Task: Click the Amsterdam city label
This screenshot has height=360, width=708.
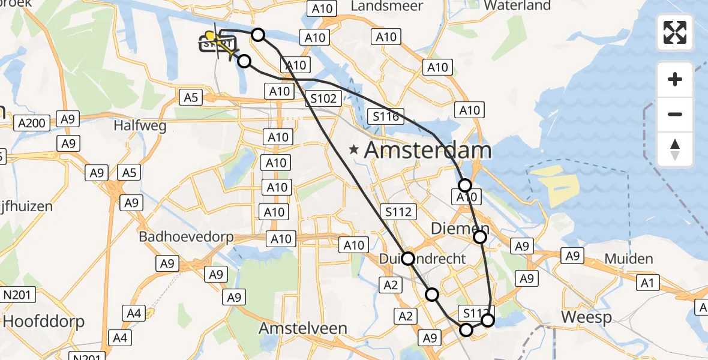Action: pos(428,150)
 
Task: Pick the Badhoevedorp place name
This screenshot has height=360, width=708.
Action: pos(186,236)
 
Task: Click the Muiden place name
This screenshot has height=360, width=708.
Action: pos(629,259)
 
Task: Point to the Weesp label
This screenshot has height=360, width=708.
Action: pos(586,317)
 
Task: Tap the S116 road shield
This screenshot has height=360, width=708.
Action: pos(385,117)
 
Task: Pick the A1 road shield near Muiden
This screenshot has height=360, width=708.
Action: pos(649,283)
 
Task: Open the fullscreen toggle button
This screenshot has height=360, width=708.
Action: pos(675,32)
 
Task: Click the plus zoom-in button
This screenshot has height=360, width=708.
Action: pos(675,79)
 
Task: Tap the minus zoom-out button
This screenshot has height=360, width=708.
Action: pos(675,114)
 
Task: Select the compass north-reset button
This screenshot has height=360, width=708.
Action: pos(675,149)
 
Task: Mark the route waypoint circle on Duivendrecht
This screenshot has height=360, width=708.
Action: pos(408,259)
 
